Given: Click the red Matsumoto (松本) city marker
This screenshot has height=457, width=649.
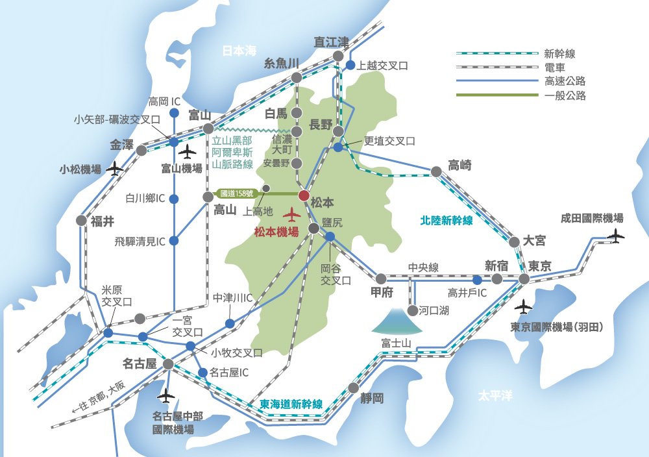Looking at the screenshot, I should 304,194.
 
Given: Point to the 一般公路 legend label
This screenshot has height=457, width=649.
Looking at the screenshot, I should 565,95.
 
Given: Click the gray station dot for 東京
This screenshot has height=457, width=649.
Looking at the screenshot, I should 524,278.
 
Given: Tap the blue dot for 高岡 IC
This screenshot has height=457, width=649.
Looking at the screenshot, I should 174,113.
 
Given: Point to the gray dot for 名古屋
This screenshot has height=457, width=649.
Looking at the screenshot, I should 169,364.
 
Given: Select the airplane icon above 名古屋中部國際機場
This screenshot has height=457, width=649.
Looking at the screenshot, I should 167,394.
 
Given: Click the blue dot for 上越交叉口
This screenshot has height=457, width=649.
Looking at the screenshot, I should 350,66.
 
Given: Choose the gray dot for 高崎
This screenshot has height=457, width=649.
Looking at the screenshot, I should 437,171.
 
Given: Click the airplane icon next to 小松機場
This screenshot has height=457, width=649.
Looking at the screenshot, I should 116,169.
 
